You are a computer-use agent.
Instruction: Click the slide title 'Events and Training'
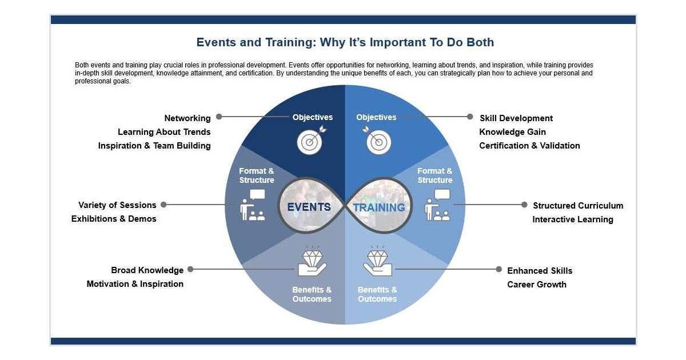[345, 43]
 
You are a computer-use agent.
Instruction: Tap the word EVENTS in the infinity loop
[309, 207]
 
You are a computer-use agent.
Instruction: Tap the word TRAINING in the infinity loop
[379, 207]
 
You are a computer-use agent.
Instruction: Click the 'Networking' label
[188, 118]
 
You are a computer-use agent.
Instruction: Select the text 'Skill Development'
[516, 118]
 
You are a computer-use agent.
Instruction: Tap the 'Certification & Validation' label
[529, 146]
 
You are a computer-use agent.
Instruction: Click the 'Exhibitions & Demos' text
[114, 219]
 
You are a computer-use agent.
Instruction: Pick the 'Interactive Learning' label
[572, 219]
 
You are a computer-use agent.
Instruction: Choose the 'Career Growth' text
[537, 285]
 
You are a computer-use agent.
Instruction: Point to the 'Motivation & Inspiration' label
[135, 284]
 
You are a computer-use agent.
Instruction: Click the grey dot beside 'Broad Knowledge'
[190, 269]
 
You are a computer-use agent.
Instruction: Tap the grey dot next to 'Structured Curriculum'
[524, 205]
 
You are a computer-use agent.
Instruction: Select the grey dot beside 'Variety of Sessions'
[163, 205]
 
